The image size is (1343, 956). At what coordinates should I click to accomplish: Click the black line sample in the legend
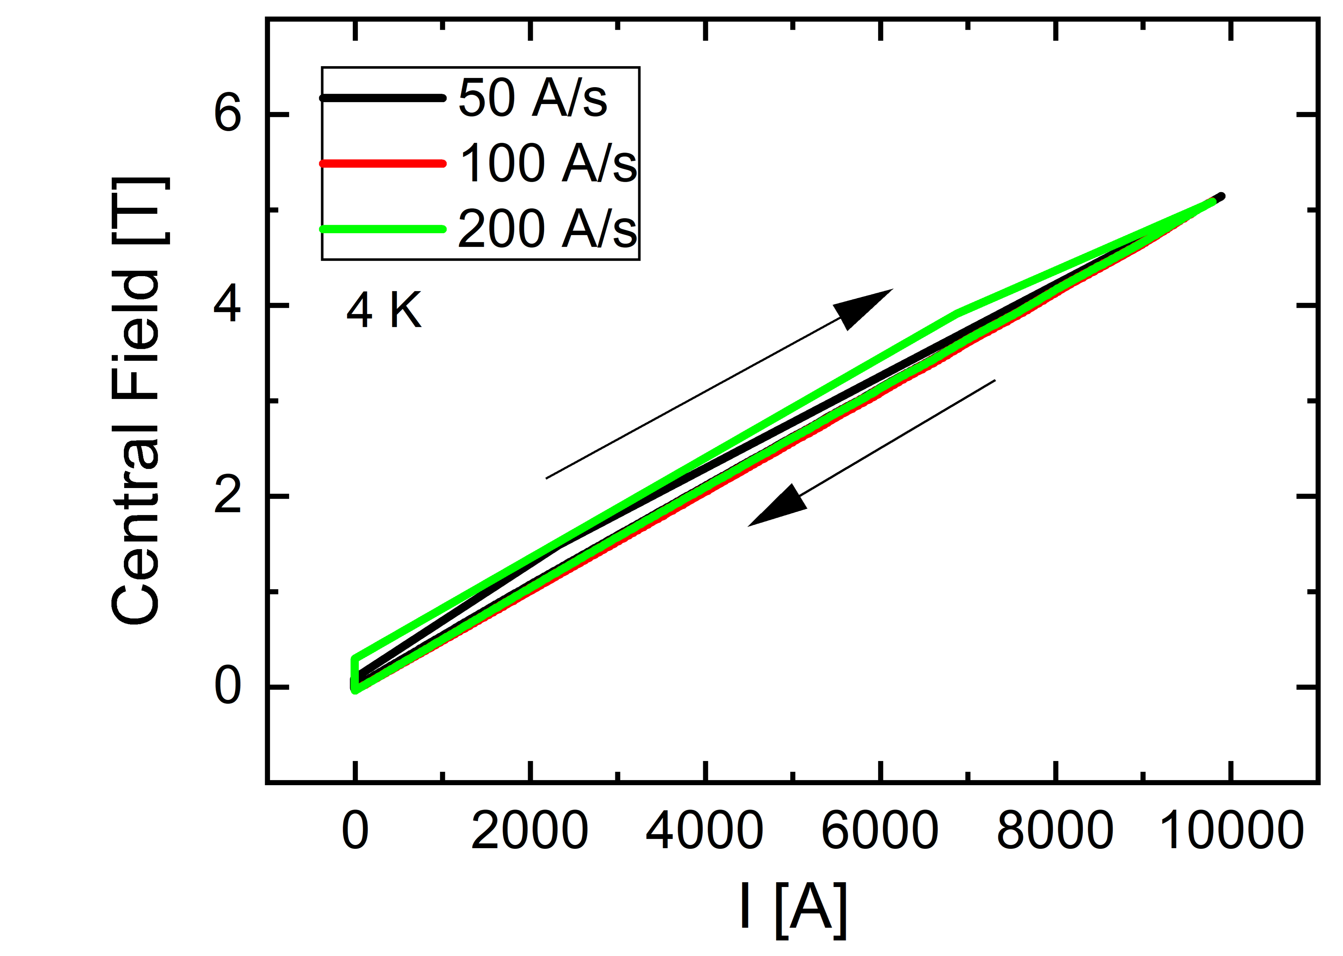(x=383, y=98)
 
